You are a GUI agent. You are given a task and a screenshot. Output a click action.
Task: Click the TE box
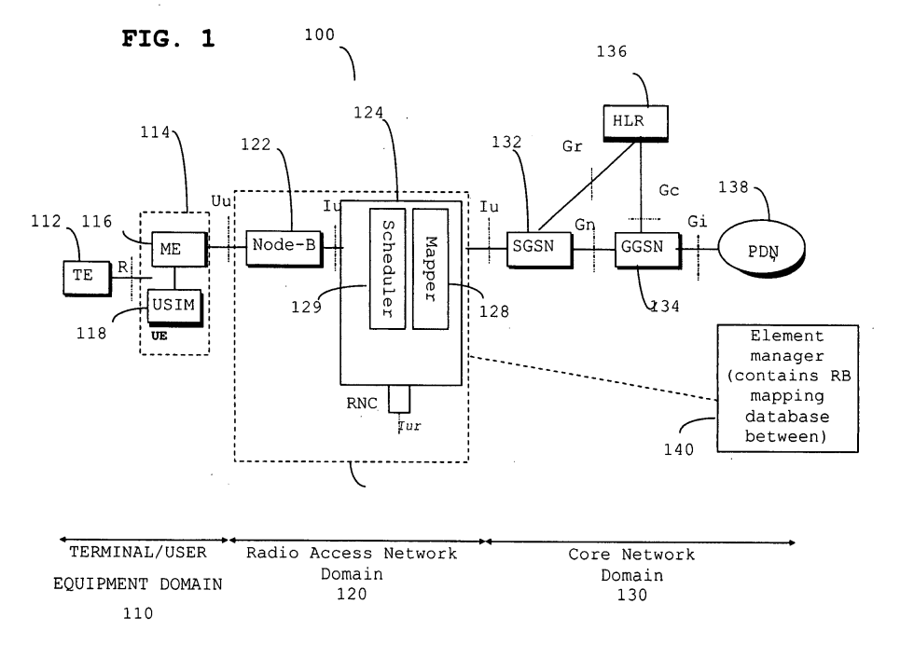click(87, 279)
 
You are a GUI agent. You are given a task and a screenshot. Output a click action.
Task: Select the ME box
click(179, 250)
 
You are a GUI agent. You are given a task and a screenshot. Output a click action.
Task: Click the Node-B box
click(284, 249)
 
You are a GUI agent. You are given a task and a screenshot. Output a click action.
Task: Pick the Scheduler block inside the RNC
click(387, 268)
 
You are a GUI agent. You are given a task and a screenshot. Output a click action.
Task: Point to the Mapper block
click(431, 268)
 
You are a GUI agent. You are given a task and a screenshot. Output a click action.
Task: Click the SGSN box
click(540, 250)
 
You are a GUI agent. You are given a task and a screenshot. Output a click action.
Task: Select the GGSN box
click(648, 250)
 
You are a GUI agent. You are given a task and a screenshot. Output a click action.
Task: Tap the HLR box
click(636, 123)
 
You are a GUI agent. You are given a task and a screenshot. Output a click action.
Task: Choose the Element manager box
click(787, 389)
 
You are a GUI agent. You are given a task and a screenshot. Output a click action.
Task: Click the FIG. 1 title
click(168, 39)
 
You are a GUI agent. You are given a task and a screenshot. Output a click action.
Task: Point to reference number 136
click(611, 51)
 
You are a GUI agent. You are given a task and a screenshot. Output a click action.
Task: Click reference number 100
click(319, 35)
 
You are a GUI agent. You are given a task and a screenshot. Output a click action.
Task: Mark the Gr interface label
click(573, 146)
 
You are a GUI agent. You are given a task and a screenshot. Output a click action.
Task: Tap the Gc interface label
click(669, 190)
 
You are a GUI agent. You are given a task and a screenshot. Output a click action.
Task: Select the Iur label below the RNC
click(409, 426)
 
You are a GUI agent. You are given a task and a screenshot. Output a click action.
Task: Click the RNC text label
click(362, 404)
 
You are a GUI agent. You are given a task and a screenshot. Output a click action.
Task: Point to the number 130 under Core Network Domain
click(632, 595)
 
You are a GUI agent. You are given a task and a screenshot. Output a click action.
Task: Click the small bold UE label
click(159, 336)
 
